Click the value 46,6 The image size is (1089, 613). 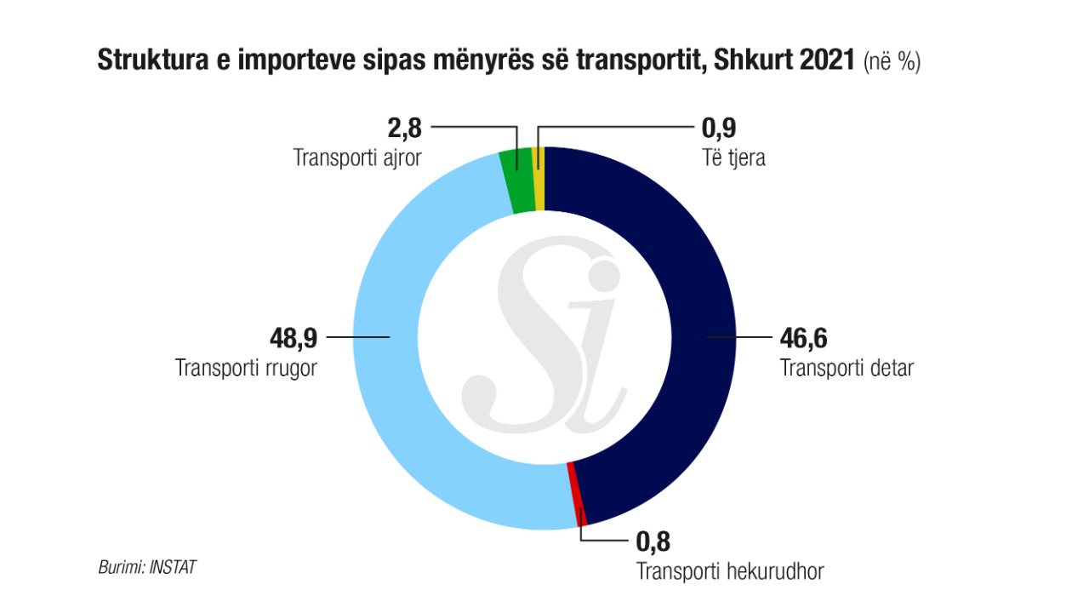803,338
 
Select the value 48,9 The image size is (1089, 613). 294,338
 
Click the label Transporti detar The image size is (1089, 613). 847,369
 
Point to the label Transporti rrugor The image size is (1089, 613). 246,369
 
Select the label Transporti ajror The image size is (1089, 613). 357,158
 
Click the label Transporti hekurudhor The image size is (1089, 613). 730,570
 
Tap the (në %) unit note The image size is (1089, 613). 892,62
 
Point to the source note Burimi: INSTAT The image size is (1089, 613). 147,566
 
